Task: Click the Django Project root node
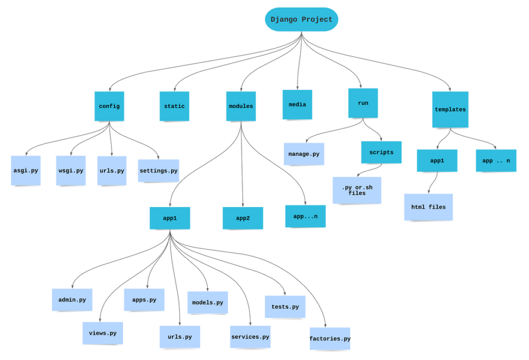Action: tap(302, 20)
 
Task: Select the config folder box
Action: tap(109, 106)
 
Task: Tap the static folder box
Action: tap(174, 106)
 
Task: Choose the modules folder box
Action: tap(241, 106)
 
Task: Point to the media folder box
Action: tap(297, 105)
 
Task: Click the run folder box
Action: tap(363, 103)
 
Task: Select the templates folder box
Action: tap(450, 109)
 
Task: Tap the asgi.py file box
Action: tap(26, 170)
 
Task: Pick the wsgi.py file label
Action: tap(71, 171)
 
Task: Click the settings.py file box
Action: tap(159, 171)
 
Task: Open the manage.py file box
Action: tap(304, 154)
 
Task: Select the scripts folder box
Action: tap(381, 152)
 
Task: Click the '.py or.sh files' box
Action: tap(357, 190)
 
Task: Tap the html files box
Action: tap(428, 207)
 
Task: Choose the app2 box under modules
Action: tap(243, 218)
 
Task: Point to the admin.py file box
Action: tap(72, 300)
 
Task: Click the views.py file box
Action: tap(102, 333)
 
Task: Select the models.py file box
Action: tap(207, 303)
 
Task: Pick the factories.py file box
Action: tap(330, 339)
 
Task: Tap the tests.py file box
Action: tap(285, 307)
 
